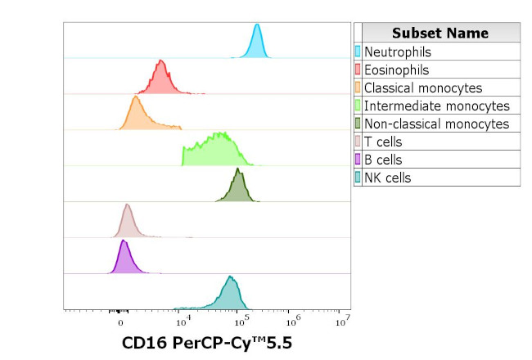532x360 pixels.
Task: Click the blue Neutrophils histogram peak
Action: (257, 43)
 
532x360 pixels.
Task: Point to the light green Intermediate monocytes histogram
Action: (214, 151)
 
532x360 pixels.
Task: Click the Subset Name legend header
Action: (440, 33)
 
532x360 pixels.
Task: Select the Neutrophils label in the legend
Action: (397, 52)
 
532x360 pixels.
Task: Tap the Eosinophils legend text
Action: (396, 70)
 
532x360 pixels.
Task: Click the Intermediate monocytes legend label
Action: (436, 106)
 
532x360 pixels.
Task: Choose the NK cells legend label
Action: (387, 178)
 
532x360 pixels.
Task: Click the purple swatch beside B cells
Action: (358, 160)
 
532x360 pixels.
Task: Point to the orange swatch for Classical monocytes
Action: (358, 88)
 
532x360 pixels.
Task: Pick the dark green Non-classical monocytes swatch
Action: (358, 124)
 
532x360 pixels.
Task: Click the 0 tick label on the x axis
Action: (120, 322)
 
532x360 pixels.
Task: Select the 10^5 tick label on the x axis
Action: (237, 321)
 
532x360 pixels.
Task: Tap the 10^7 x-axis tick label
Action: (344, 320)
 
